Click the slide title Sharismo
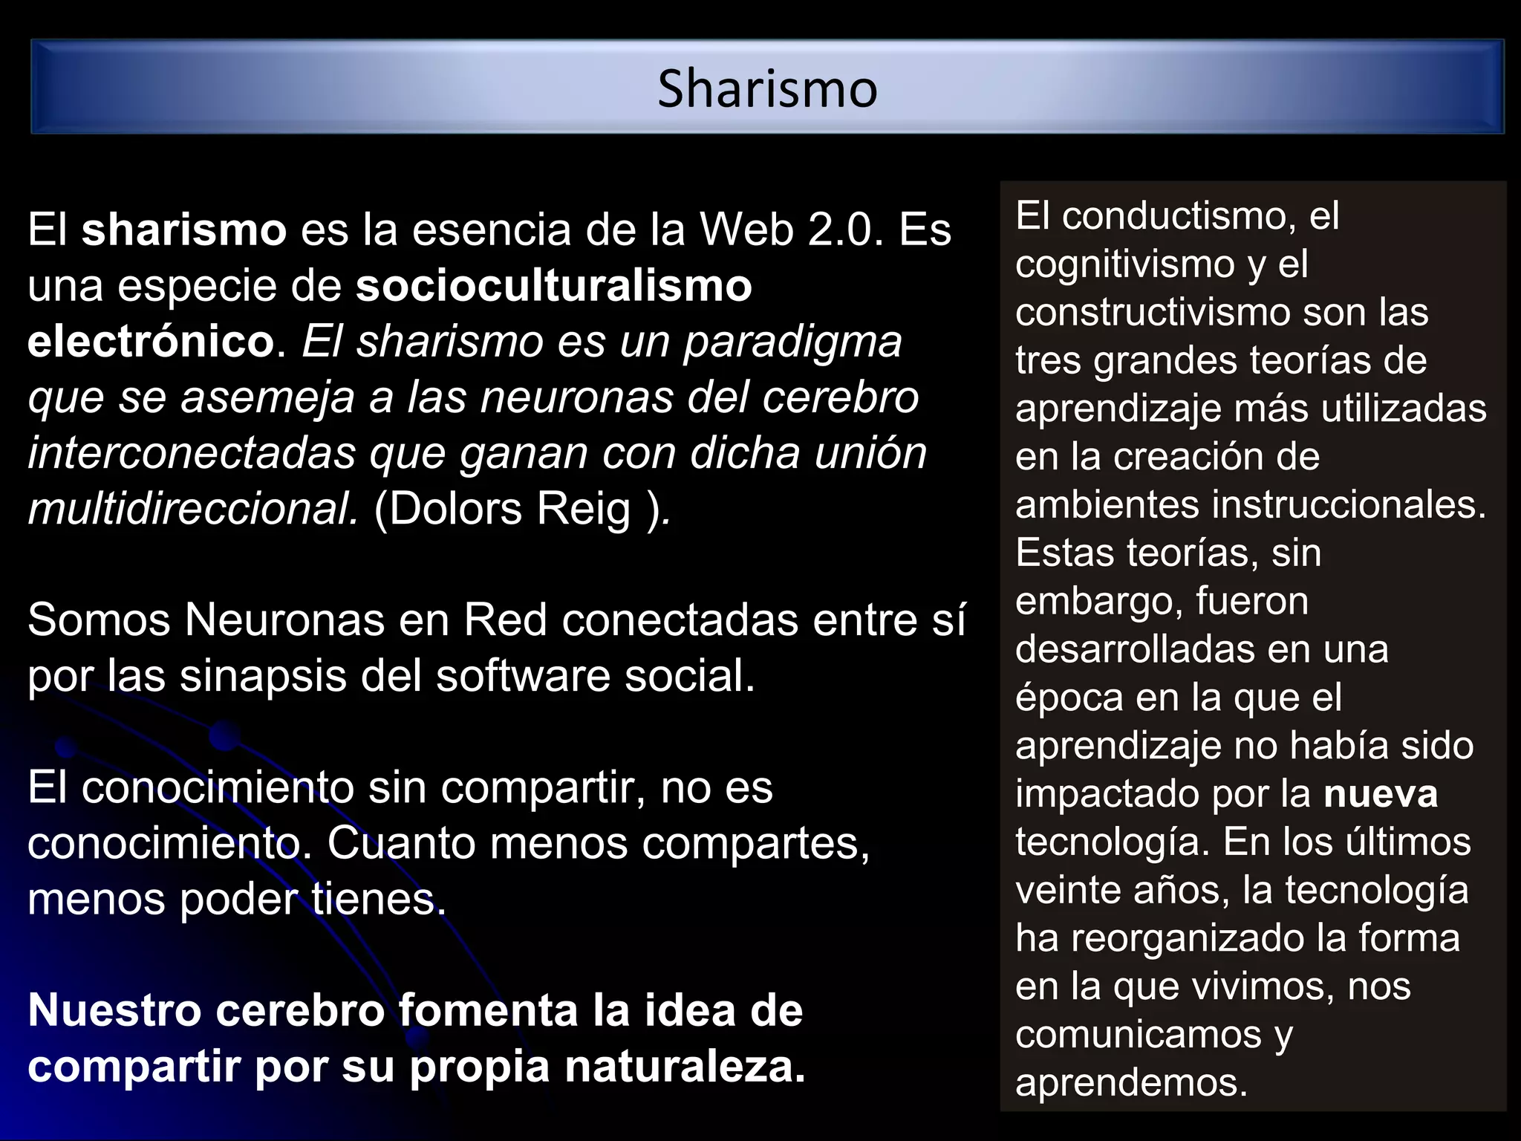pyautogui.click(x=767, y=89)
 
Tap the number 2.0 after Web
pyautogui.click(x=846, y=230)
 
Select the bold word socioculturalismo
pyautogui.click(x=553, y=286)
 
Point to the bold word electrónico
pyautogui.click(x=152, y=342)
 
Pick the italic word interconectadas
pyautogui.click(x=192, y=453)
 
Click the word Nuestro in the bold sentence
pyautogui.click(x=115, y=1010)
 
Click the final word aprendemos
pyautogui.click(x=1131, y=1082)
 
